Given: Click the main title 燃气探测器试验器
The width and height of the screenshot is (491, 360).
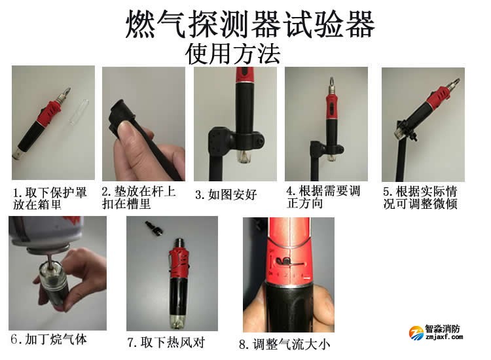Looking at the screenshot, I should point(250,26).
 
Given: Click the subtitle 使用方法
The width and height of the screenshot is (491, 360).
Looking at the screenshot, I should point(232,53).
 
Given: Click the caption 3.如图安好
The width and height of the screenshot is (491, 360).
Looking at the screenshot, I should point(227,194).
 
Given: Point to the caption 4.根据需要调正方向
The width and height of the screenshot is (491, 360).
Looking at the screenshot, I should point(323,197).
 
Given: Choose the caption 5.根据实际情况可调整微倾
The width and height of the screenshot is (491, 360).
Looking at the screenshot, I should point(420,197).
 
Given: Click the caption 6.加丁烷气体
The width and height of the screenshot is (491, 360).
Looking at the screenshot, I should point(48,339).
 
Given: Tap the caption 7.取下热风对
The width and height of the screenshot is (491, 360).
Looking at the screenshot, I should point(165,342).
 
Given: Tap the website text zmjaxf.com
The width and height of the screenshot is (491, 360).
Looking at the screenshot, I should point(445,338).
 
